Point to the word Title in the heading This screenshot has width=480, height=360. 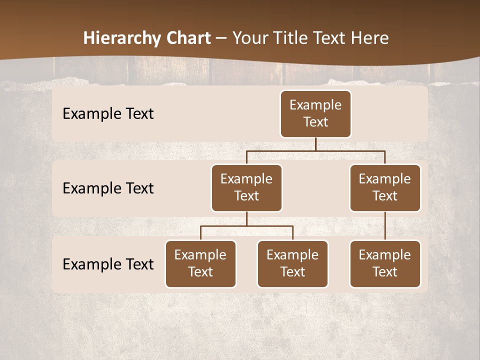pyautogui.click(x=291, y=38)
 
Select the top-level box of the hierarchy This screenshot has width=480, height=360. pyautogui.click(x=315, y=114)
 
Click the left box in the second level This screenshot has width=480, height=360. pyautogui.click(x=246, y=188)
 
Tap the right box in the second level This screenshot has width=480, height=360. pyautogui.click(x=385, y=188)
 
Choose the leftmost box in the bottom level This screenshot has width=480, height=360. pyautogui.click(x=200, y=264)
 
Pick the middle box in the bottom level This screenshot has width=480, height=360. pyautogui.click(x=292, y=264)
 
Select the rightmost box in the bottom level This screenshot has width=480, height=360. pyautogui.click(x=385, y=264)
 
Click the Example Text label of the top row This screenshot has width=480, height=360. pyautogui.click(x=108, y=114)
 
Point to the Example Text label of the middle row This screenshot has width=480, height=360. pyautogui.click(x=108, y=188)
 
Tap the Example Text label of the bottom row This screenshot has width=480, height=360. pyautogui.click(x=108, y=264)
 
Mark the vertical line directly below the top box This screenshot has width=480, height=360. pyautogui.click(x=315, y=144)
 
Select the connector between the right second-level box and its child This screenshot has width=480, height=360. pyautogui.click(x=385, y=226)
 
